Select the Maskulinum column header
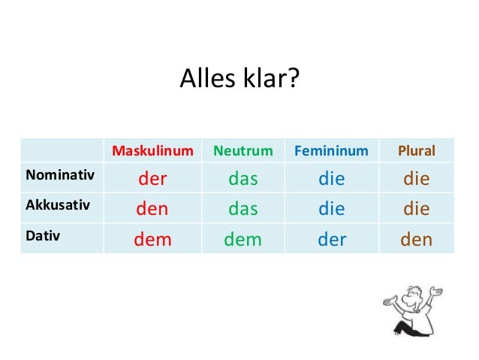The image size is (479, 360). [152, 151]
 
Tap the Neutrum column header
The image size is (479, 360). [243, 151]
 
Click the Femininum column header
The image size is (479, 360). [331, 151]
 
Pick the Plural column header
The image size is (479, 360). [417, 151]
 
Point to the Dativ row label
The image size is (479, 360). [44, 235]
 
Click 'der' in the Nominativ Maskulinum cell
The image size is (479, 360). [152, 180]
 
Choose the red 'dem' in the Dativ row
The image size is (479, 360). [152, 240]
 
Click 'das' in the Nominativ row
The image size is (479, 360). [243, 180]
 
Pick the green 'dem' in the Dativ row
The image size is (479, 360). [243, 240]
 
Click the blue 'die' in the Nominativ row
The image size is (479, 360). [331, 180]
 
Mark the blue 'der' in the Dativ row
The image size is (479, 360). [331, 240]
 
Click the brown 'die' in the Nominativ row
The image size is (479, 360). [417, 180]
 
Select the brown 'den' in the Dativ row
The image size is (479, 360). [417, 240]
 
